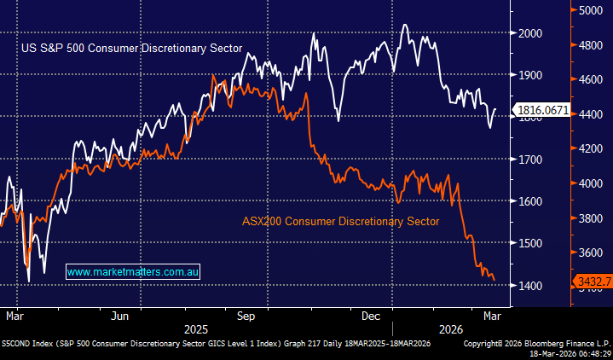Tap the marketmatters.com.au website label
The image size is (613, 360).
[133, 271]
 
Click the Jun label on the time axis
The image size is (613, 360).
[120, 316]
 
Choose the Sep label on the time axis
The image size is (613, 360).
[246, 316]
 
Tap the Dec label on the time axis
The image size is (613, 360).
[371, 316]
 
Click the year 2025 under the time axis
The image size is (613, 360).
[196, 328]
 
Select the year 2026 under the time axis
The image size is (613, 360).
[450, 328]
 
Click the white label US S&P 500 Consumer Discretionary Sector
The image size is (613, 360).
[131, 48]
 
